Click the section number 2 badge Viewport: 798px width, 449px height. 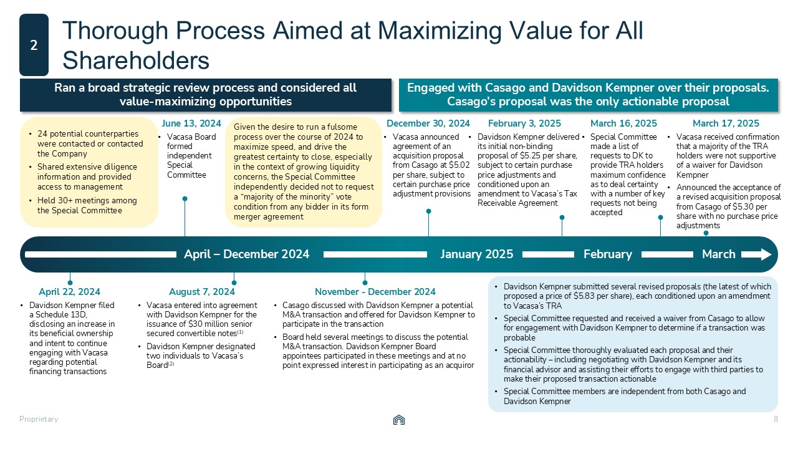click(x=34, y=45)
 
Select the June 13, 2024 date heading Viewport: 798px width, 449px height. click(x=191, y=123)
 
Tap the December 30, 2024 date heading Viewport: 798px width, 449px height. click(x=428, y=123)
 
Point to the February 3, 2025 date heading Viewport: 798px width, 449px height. click(x=524, y=123)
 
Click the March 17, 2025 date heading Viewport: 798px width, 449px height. click(x=726, y=123)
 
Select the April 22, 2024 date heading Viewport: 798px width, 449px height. click(x=69, y=292)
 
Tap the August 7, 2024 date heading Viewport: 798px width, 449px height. click(x=202, y=292)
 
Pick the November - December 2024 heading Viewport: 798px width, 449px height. click(x=375, y=292)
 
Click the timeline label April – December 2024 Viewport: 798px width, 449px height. click(x=247, y=254)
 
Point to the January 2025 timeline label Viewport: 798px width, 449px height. click(x=477, y=254)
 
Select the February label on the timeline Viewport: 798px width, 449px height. click(x=608, y=254)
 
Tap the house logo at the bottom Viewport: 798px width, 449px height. click(x=399, y=420)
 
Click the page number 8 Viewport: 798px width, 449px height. click(x=776, y=419)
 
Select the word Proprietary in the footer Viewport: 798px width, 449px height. click(x=39, y=419)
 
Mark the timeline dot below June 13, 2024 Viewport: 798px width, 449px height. click(x=185, y=199)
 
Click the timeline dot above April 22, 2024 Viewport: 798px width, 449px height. click(x=70, y=282)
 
